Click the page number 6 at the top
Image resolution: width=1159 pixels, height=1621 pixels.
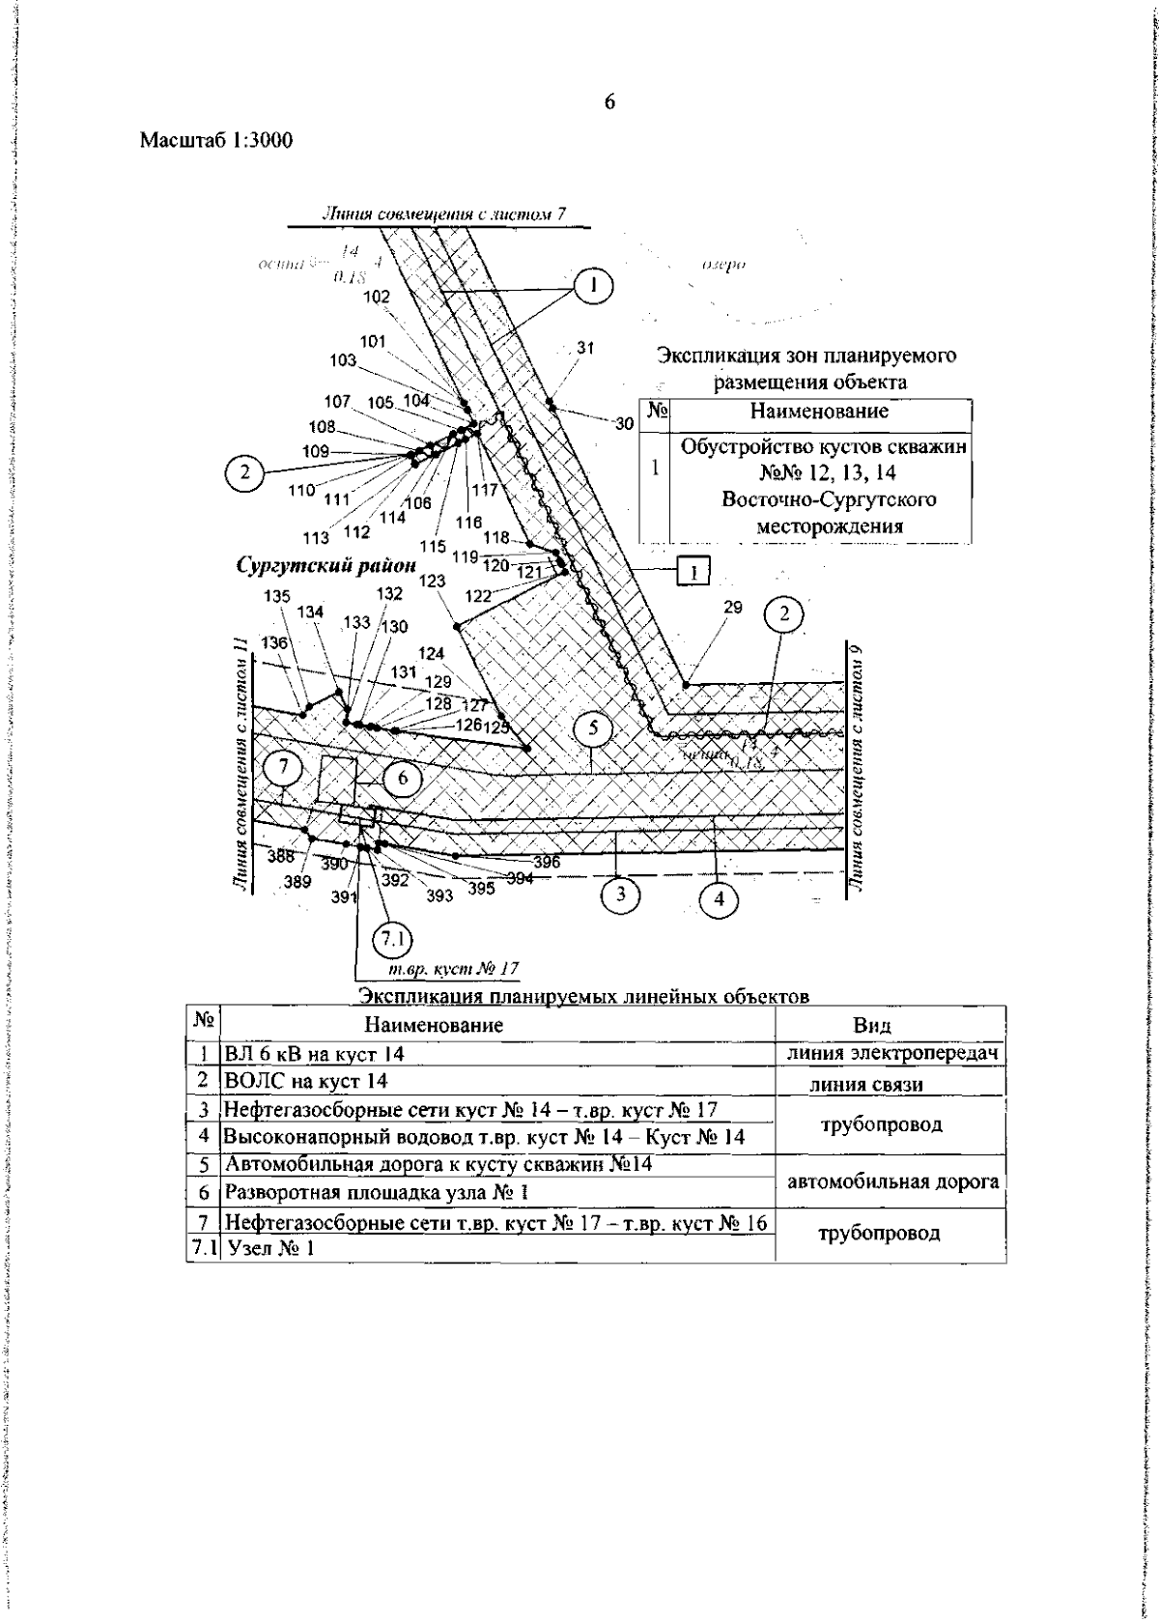tap(609, 102)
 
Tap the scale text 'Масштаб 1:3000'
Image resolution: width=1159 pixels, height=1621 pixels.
tap(216, 141)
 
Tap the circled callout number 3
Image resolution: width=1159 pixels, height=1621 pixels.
tap(621, 895)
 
